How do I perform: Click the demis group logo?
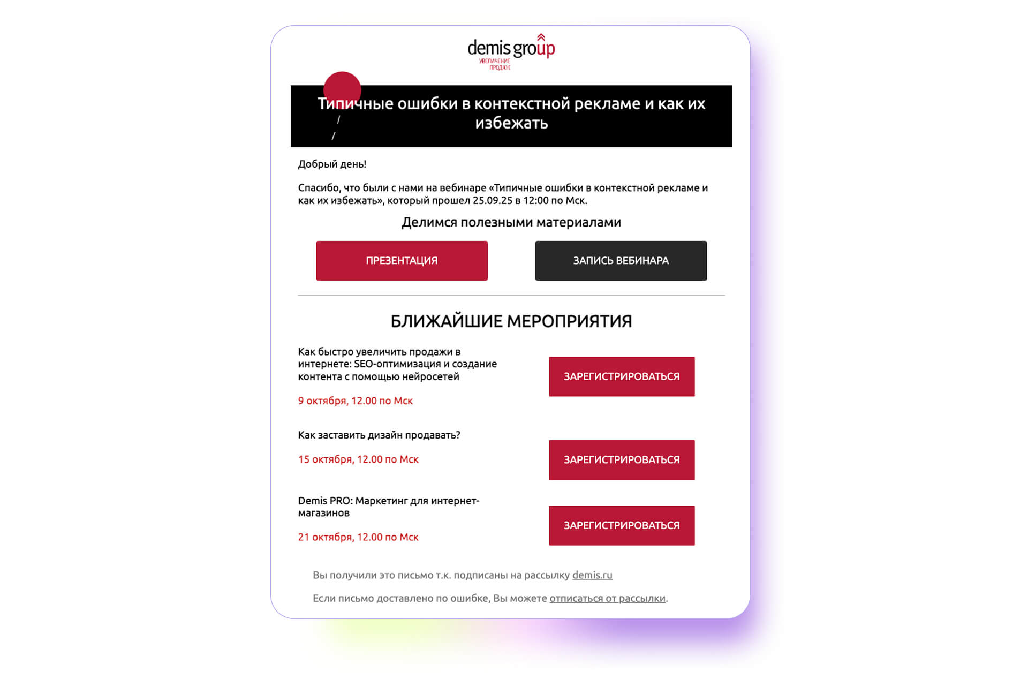coord(511,51)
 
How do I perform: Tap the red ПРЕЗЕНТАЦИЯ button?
coord(402,261)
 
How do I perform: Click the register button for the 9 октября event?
coord(622,376)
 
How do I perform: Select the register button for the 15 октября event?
coord(622,460)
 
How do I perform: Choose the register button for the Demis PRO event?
coord(622,526)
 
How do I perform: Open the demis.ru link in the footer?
coord(592,575)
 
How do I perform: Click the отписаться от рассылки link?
coord(607,599)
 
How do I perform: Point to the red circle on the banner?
coord(342,88)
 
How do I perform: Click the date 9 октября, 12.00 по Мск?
coord(356,401)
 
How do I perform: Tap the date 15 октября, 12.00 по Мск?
coord(358,459)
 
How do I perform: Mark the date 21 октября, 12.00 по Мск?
coord(358,537)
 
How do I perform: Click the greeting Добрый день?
coord(332,164)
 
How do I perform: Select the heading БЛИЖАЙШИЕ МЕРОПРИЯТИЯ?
coord(511,321)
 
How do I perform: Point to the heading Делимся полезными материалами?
coord(511,222)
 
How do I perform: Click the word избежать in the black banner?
coord(511,123)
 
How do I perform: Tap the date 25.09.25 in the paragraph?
coord(493,201)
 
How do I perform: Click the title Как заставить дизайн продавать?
coord(379,435)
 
